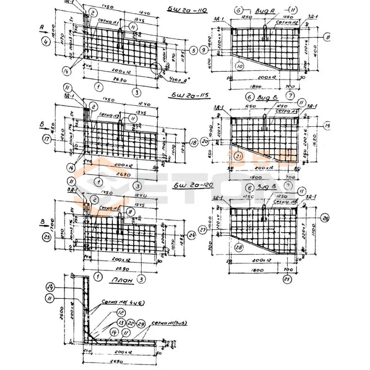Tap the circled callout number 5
(193, 50)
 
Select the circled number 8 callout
(327, 36)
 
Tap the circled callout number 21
(239, 157)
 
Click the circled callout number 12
(108, 313)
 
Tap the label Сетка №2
(285, 21)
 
